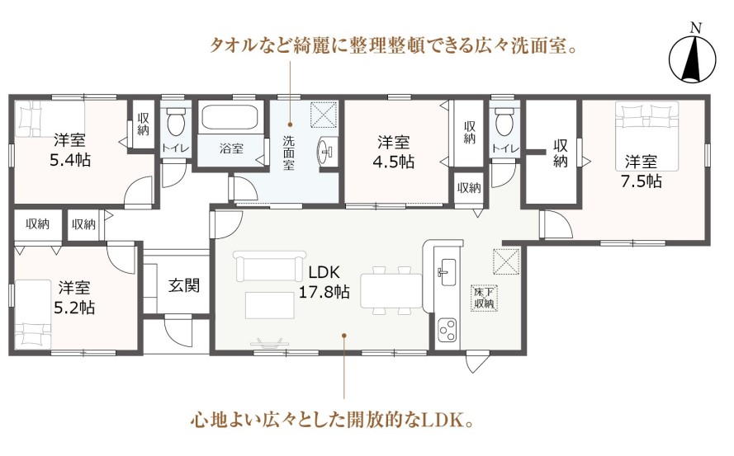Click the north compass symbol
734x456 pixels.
point(693,58)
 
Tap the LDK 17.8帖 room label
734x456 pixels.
point(324,282)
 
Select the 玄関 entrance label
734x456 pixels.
point(184,284)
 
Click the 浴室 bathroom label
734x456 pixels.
point(231,148)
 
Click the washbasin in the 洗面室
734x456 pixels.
point(327,151)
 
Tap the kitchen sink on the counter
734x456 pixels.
point(446,272)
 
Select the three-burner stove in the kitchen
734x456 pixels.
point(447,330)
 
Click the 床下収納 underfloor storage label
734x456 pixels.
point(484,298)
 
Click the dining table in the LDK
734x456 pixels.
point(391,290)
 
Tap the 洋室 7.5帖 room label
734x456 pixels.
point(641,172)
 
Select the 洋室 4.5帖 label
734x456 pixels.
point(393,152)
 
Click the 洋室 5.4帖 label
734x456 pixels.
point(69,149)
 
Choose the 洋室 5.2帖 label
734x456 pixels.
point(74,298)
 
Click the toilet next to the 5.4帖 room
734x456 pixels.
point(176,120)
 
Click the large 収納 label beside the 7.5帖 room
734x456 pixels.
point(560,153)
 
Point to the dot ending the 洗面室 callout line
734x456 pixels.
point(290,125)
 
